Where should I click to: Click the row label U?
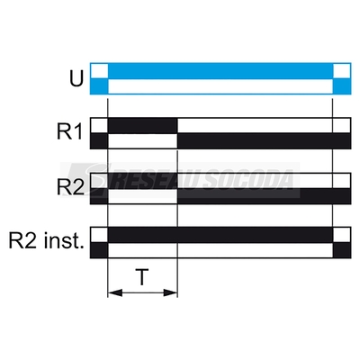(76, 78)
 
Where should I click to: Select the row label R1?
(69, 131)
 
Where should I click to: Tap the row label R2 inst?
(46, 241)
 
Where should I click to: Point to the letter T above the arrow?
(142, 277)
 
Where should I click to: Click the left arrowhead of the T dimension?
(115, 292)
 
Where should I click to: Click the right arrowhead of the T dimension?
(170, 292)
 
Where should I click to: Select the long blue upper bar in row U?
(220, 71)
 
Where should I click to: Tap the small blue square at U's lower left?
(99, 86)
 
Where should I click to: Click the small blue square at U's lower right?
(342, 86)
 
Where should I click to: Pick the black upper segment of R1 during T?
(142, 126)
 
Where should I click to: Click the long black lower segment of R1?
(264, 140)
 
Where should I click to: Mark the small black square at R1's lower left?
(99, 140)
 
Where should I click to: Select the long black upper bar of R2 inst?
(220, 235)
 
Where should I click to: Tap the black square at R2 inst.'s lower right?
(342, 250)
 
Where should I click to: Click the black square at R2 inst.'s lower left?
(99, 250)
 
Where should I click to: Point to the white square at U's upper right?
(342, 71)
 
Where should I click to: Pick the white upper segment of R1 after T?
(264, 126)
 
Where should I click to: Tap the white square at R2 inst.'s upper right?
(342, 235)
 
